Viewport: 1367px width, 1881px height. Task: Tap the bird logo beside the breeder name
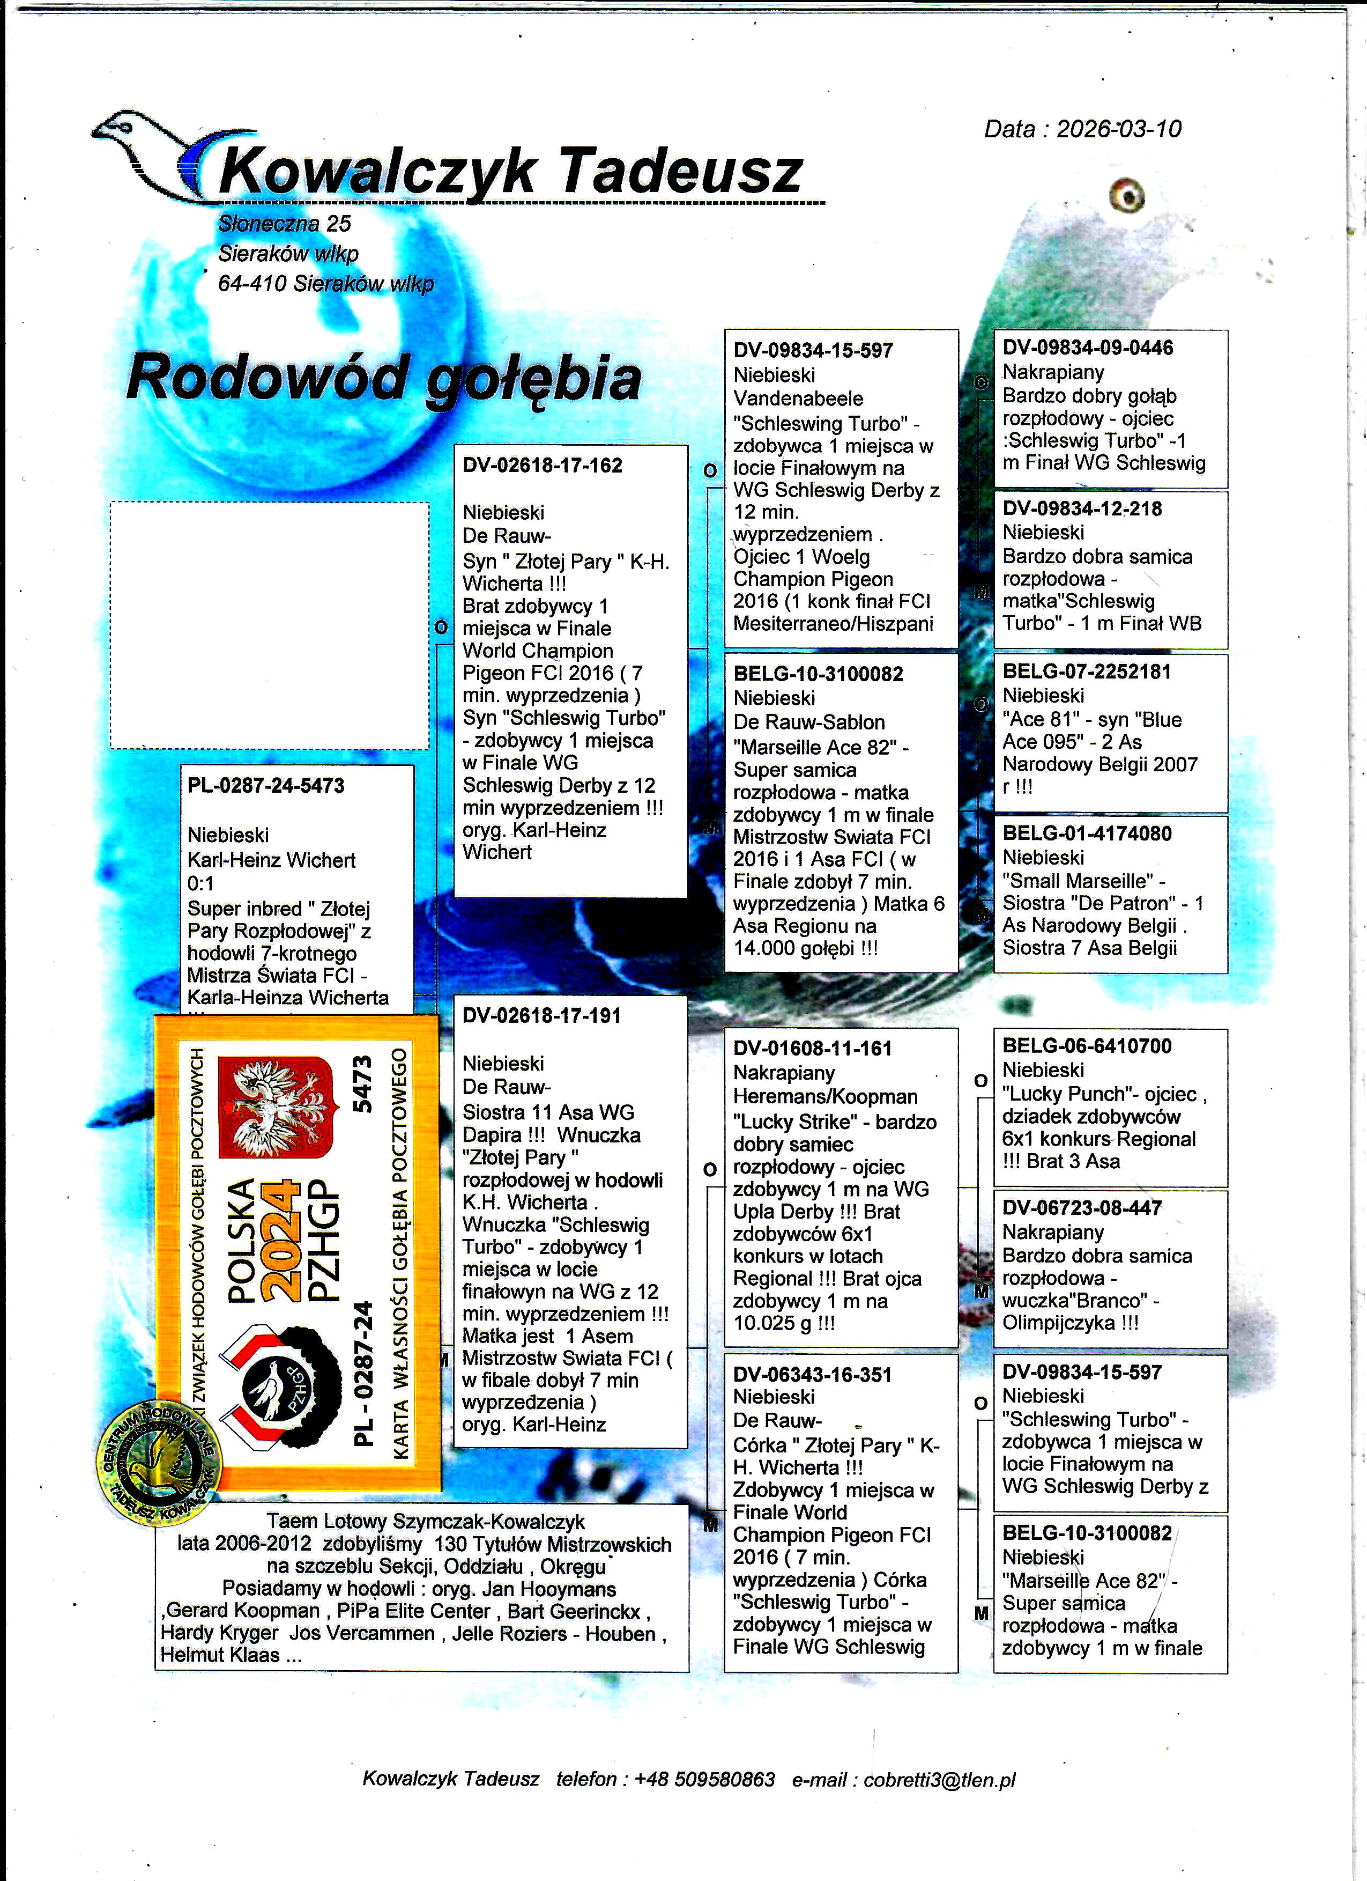point(149,153)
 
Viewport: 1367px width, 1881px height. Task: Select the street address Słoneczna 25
point(284,224)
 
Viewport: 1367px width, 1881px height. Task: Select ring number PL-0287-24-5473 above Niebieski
point(266,785)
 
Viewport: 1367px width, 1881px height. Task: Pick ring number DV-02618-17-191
point(541,1016)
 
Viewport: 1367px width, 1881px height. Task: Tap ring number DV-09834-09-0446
point(1088,348)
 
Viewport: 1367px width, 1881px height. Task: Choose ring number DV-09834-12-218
point(1082,509)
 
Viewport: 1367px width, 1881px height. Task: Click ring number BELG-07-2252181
point(1087,672)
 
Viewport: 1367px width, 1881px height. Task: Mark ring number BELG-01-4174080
point(1087,833)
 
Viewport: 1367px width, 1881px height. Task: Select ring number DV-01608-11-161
point(812,1049)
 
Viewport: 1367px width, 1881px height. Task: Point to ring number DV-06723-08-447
point(1082,1208)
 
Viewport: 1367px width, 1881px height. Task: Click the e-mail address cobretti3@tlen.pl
point(939,1779)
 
